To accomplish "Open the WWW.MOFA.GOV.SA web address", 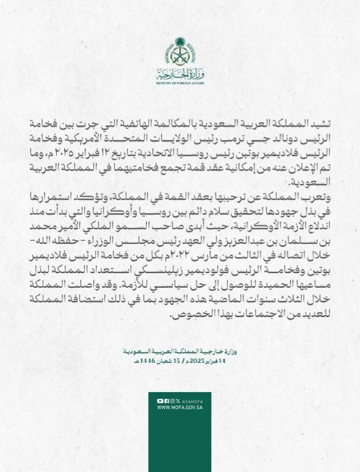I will pyautogui.click(x=179, y=407).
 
